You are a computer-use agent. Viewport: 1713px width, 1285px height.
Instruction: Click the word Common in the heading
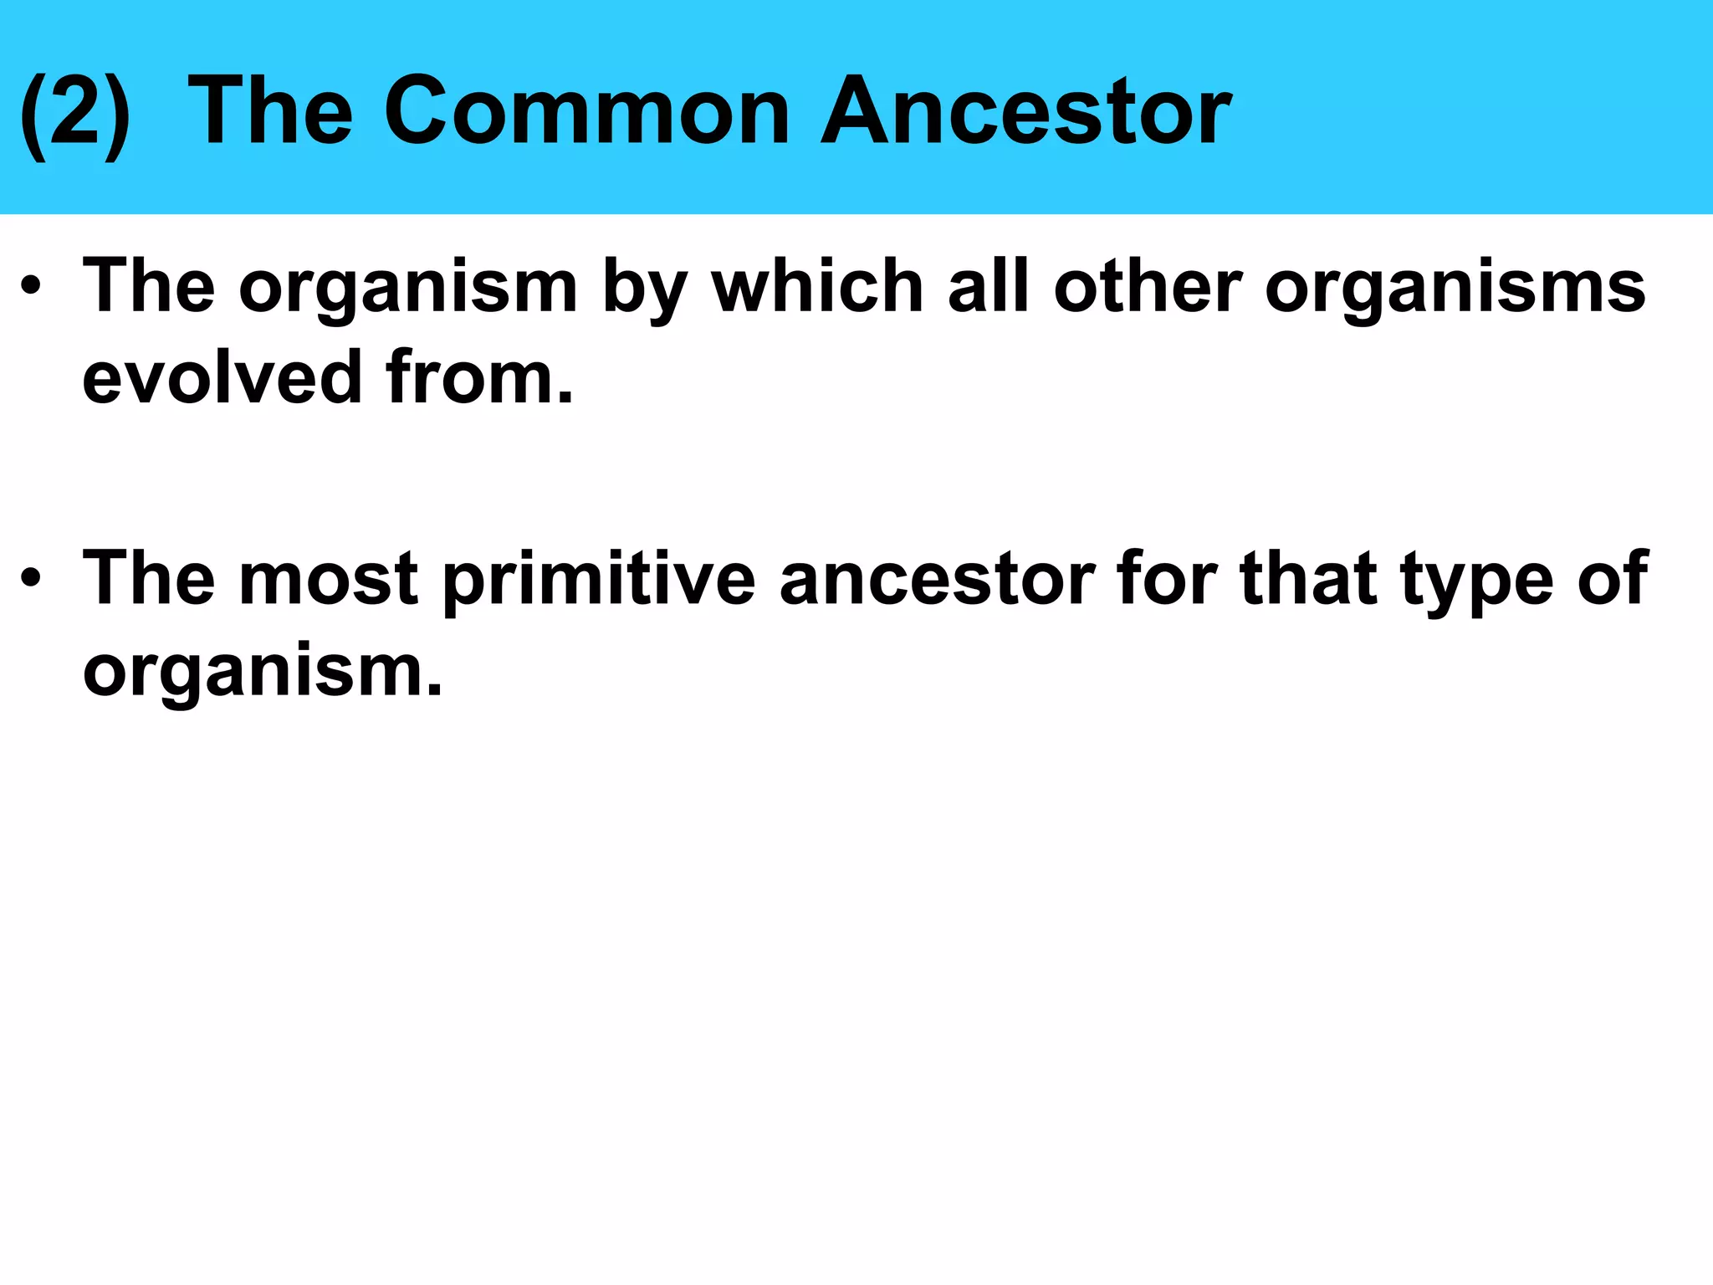click(x=586, y=111)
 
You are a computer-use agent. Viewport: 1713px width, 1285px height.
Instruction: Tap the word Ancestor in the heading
click(x=1025, y=111)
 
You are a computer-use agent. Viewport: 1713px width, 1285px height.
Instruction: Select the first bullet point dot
click(x=32, y=287)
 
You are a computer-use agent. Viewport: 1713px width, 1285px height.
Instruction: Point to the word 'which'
click(x=817, y=287)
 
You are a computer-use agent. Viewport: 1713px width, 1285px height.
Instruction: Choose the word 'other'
click(x=1148, y=287)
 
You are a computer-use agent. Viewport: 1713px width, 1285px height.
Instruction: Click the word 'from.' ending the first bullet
click(x=480, y=378)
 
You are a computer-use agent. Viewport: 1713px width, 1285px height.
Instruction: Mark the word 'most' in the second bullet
click(x=328, y=579)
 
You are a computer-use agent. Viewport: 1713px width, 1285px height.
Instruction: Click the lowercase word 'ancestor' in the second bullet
click(x=937, y=579)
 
